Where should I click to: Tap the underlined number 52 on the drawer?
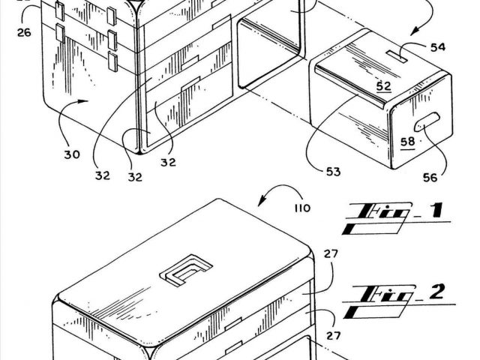[x=383, y=86]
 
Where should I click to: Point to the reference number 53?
[x=333, y=172]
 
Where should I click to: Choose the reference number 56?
[x=430, y=178]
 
